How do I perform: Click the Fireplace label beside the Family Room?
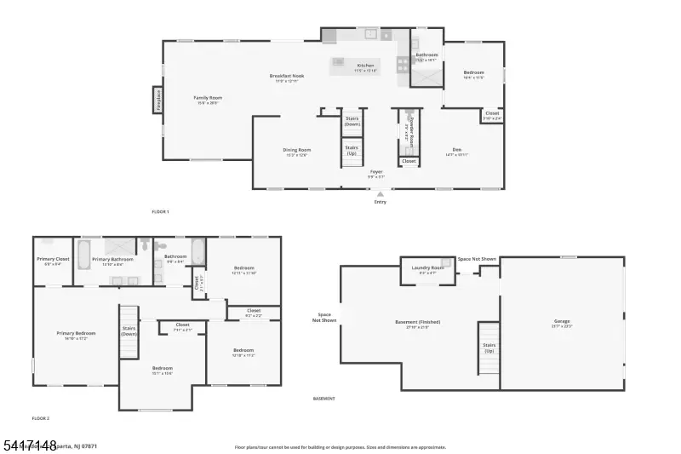click(x=158, y=100)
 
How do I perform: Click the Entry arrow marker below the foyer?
click(x=380, y=194)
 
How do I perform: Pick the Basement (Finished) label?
click(x=418, y=322)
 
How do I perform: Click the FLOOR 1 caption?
click(x=160, y=210)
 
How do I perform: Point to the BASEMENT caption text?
click(x=323, y=398)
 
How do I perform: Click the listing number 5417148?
click(x=29, y=445)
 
